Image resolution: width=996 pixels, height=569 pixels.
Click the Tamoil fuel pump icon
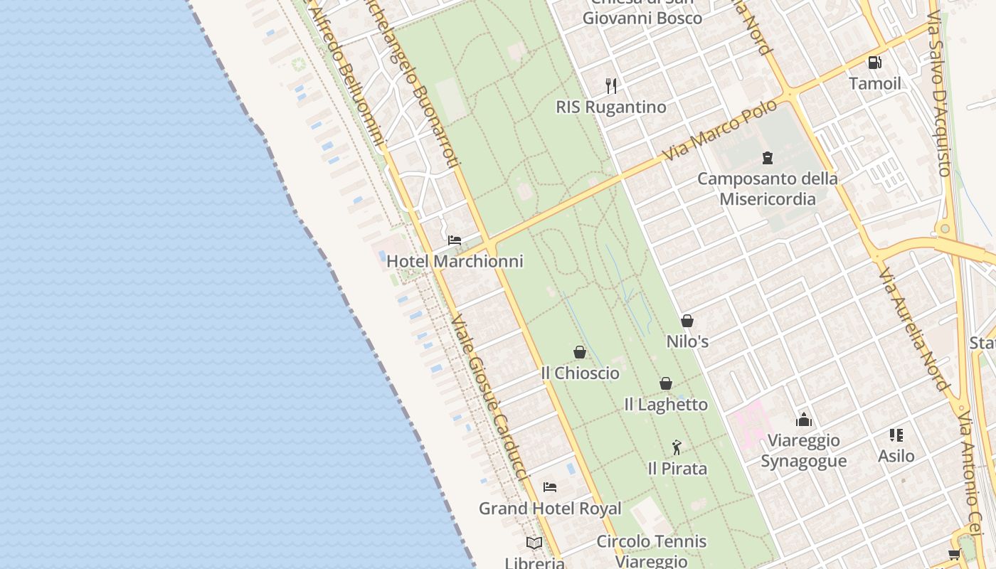tap(874, 63)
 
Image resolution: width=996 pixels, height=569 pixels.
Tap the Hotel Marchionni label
tap(455, 261)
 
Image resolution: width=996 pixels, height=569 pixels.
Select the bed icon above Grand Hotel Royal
tap(549, 487)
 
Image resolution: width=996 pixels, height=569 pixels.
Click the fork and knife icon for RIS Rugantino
tap(611, 86)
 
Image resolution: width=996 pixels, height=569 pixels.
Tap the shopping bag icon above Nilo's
tap(687, 321)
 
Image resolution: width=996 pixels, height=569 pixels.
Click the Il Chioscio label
tap(580, 373)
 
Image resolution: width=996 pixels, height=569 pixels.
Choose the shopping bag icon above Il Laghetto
tap(666, 383)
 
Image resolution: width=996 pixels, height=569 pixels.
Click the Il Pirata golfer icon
tap(677, 447)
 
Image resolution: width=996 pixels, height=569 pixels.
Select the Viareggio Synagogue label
tap(804, 451)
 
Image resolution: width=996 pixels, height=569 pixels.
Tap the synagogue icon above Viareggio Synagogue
tap(804, 420)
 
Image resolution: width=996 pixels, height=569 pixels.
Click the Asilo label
tap(896, 455)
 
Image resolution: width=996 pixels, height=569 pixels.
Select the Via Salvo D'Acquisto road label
tap(939, 89)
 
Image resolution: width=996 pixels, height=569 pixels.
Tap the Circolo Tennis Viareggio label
tap(652, 551)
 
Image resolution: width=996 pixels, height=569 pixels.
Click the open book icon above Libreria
tap(534, 543)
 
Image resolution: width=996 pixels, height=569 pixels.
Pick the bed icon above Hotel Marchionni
tap(455, 240)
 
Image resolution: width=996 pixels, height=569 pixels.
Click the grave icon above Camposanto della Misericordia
tap(767, 157)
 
